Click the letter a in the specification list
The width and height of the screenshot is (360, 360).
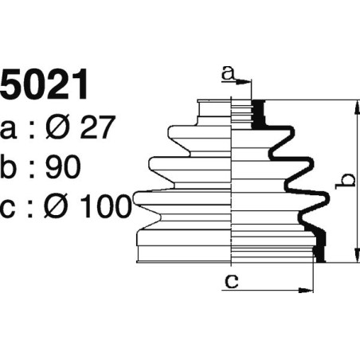[10, 128]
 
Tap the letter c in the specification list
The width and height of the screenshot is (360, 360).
[10, 208]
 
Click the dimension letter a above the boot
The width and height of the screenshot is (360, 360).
[228, 73]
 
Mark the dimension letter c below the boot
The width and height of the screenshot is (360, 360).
[231, 280]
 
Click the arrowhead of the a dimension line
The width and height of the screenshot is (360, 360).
[246, 81]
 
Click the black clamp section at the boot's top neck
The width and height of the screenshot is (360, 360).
[258, 114]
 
